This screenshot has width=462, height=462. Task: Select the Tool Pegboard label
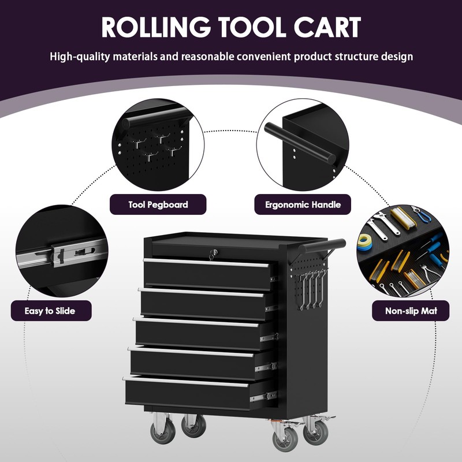(158, 204)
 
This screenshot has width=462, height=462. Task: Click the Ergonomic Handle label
(303, 204)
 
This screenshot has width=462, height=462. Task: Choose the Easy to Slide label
(50, 311)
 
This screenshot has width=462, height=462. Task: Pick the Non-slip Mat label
(411, 311)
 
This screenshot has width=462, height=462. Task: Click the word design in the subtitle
(396, 57)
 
